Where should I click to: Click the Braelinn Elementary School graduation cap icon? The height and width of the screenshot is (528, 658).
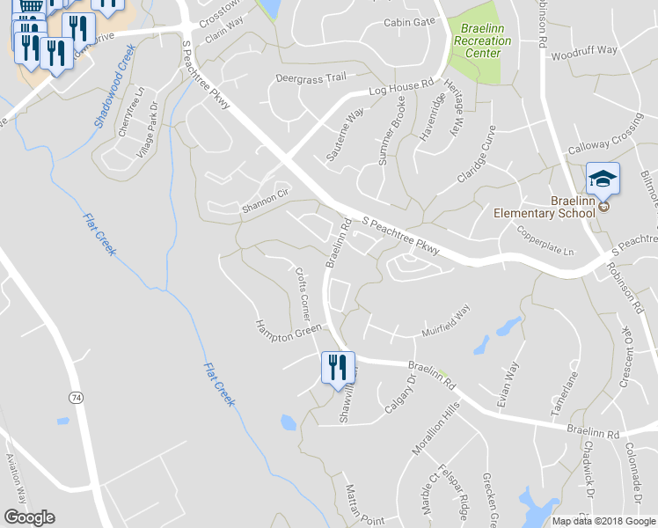tap(603, 180)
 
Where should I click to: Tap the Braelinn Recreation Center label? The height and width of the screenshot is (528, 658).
tap(480, 40)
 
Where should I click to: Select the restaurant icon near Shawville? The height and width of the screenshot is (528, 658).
tap(337, 368)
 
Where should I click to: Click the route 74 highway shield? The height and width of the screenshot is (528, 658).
tap(77, 399)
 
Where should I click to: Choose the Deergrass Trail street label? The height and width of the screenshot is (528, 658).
tap(311, 77)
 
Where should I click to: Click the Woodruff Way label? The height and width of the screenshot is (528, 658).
tap(584, 51)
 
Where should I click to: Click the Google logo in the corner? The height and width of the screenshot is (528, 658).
tap(29, 517)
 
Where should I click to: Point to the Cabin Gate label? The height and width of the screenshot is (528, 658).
tap(409, 22)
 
